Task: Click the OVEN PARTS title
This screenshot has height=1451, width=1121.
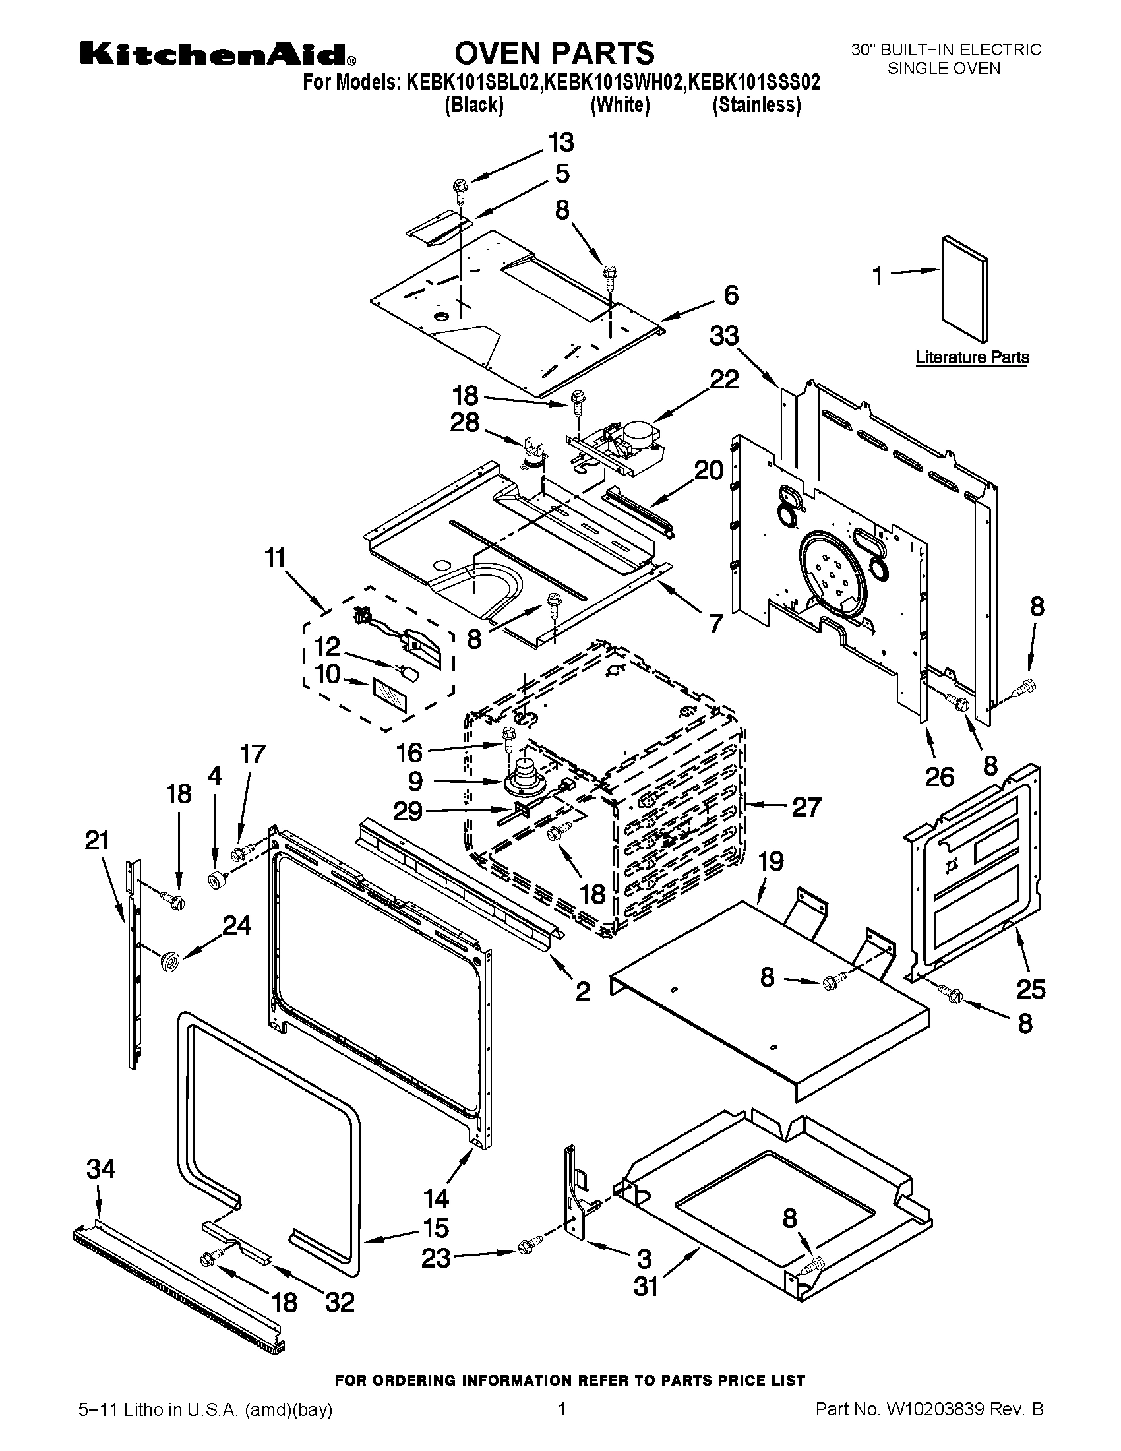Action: [x=554, y=53]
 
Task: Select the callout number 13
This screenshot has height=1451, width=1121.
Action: [x=560, y=143]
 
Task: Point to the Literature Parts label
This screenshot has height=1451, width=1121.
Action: [x=972, y=357]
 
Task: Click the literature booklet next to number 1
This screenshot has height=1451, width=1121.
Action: [x=964, y=290]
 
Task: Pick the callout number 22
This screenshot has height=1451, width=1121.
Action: [x=724, y=379]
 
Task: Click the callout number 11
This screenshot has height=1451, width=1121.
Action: [x=275, y=557]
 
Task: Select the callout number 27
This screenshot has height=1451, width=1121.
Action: [x=806, y=807]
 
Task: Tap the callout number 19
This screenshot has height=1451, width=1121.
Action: [x=770, y=862]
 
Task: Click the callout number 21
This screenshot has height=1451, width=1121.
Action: [x=97, y=841]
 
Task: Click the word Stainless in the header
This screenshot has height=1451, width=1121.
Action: [x=756, y=105]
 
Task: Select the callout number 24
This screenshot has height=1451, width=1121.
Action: [x=237, y=925]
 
